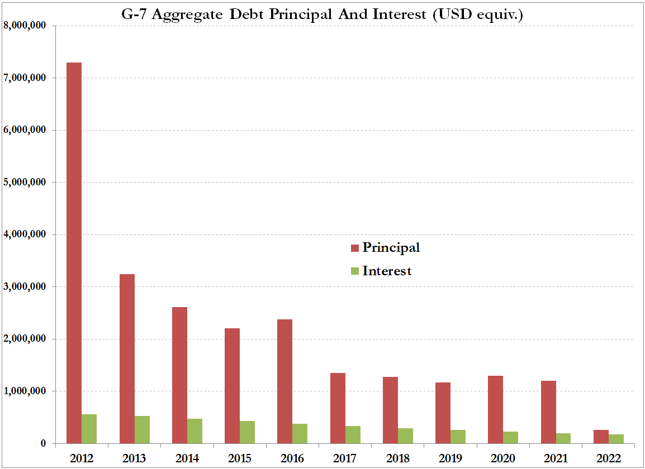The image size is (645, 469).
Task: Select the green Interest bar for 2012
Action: pos(89,429)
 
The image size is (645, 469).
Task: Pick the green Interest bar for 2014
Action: pos(195,431)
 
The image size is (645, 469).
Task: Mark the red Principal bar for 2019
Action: pos(443,413)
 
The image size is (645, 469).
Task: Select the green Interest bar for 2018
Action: pos(405,435)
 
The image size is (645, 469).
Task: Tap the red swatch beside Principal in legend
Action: pos(354,247)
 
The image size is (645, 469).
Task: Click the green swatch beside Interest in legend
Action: pos(354,271)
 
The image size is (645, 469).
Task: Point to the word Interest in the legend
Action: pos(387,271)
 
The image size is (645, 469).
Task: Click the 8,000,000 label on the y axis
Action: pos(25,26)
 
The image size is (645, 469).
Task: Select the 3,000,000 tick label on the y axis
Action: pos(25,287)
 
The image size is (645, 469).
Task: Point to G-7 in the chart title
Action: pos(135,15)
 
